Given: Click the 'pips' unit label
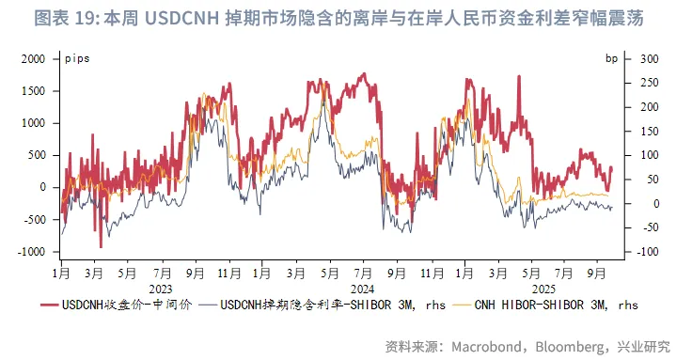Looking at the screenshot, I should coord(78,58).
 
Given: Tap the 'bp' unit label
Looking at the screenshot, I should coord(612,58).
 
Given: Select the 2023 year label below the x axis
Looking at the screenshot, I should coord(161,289).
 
